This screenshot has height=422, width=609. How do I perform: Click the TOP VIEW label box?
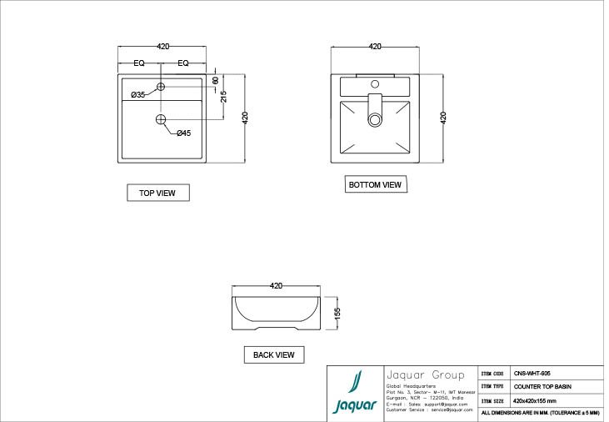pyautogui.click(x=157, y=193)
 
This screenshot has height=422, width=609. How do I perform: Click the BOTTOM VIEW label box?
pyautogui.click(x=375, y=184)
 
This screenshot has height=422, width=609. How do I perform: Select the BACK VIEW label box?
pyautogui.click(x=274, y=354)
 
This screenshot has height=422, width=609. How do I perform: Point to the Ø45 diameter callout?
pyautogui.click(x=183, y=133)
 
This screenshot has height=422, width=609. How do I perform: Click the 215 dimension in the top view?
pyautogui.click(x=224, y=96)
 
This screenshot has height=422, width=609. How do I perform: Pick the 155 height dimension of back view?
pyautogui.click(x=337, y=313)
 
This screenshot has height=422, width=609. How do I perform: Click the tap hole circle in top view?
pyautogui.click(x=162, y=87)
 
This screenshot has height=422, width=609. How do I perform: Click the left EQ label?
pyautogui.click(x=139, y=63)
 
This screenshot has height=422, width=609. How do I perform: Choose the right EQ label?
pyautogui.click(x=183, y=63)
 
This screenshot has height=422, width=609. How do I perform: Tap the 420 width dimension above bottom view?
pyautogui.click(x=375, y=47)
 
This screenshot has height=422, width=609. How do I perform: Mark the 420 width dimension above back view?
pyautogui.click(x=277, y=285)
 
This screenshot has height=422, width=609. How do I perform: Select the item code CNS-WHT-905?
pyautogui.click(x=532, y=374)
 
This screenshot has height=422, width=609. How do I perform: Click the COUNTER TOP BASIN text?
pyautogui.click(x=542, y=387)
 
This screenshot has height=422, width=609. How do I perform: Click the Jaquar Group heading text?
pyautogui.click(x=417, y=374)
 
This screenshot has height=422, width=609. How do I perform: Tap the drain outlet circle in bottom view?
pyautogui.click(x=375, y=119)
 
